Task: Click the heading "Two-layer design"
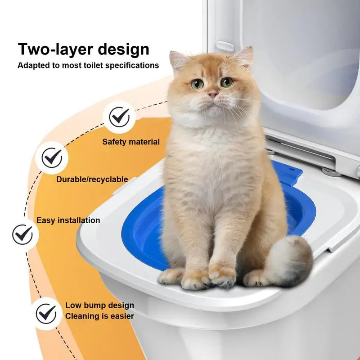(x=83, y=49)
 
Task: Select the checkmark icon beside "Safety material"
(x=119, y=117)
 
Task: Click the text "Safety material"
(x=130, y=142)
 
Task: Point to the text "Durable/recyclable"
(x=92, y=180)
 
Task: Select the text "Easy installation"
(x=68, y=220)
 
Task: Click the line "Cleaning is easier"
(x=99, y=316)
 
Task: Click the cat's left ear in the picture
(x=178, y=60)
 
